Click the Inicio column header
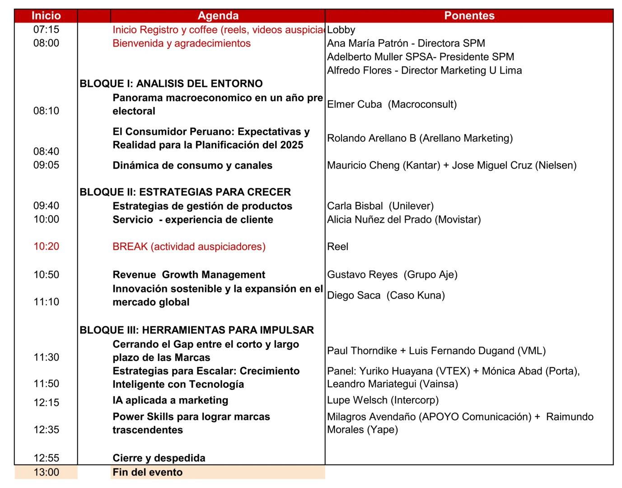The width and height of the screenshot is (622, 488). pyautogui.click(x=46, y=16)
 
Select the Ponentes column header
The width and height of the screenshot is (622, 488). pyautogui.click(x=469, y=16)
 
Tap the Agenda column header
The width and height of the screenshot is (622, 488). pyautogui.click(x=218, y=16)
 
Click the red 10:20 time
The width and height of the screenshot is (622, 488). pyautogui.click(x=46, y=247)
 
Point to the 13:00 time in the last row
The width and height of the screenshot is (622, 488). pyautogui.click(x=46, y=473)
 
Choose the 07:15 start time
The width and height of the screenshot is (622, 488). pyautogui.click(x=46, y=30)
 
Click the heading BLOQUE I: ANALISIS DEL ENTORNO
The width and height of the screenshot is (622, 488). pyautogui.click(x=171, y=84)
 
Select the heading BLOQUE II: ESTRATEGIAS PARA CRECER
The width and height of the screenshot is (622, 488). pyautogui.click(x=185, y=192)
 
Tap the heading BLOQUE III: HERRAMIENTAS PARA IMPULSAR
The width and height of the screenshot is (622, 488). pyautogui.click(x=196, y=330)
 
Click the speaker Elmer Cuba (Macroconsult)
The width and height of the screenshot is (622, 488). pyautogui.click(x=392, y=104)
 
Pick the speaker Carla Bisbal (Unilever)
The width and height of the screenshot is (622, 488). pyautogui.click(x=380, y=206)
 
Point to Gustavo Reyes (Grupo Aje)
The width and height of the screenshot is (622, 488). pyautogui.click(x=392, y=275)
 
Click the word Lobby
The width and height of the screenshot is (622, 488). pyautogui.click(x=341, y=30)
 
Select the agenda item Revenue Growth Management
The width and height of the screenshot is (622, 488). pyautogui.click(x=189, y=275)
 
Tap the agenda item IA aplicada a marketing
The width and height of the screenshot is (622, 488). pyautogui.click(x=170, y=400)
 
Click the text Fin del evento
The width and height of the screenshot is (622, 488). pyautogui.click(x=148, y=473)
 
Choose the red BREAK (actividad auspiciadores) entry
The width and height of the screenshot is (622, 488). pyautogui.click(x=189, y=247)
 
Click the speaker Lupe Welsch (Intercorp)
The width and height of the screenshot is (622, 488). pyautogui.click(x=383, y=400)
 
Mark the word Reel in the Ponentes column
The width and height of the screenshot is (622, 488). pyautogui.click(x=337, y=247)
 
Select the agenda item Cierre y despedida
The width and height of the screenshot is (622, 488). pyautogui.click(x=159, y=458)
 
